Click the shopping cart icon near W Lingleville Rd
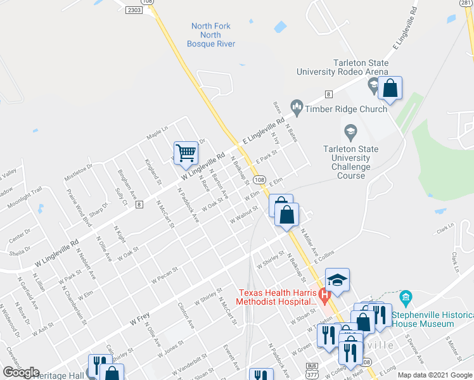[186, 152]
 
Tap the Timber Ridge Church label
[346, 109]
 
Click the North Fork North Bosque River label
[211, 35]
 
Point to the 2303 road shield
[134, 10]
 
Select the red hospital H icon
[324, 294]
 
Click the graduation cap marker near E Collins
[338, 279]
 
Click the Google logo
[21, 372]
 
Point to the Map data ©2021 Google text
[434, 375]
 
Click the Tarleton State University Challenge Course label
[350, 158]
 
